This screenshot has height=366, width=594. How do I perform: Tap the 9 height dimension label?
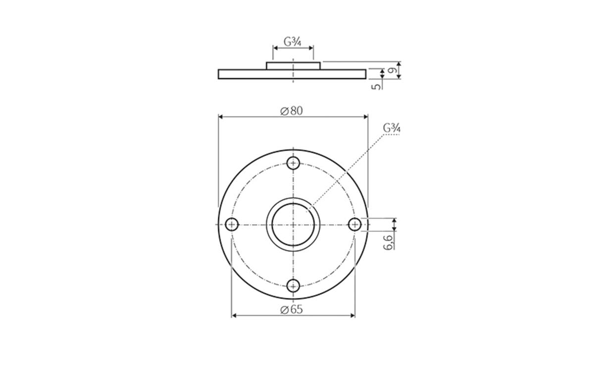click(391, 71)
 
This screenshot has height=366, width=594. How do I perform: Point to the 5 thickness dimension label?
click(376, 86)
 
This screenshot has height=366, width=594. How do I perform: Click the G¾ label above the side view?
click(293, 41)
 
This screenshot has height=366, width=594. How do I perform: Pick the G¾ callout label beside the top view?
click(392, 127)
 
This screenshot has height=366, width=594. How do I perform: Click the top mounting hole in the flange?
click(294, 163)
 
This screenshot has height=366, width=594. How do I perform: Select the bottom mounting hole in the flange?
click(294, 285)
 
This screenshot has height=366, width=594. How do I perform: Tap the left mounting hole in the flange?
click(232, 225)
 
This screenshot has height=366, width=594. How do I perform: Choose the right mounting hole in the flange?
click(354, 225)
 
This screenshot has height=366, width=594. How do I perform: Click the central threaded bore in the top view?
click(293, 225)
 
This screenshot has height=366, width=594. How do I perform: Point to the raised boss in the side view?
click(294, 65)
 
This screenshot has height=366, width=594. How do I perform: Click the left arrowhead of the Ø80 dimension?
click(221, 117)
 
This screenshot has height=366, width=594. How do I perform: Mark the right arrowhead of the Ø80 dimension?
click(365, 117)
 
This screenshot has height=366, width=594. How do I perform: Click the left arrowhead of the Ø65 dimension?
click(234, 315)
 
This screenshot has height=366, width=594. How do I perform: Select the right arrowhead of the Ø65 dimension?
click(352, 315)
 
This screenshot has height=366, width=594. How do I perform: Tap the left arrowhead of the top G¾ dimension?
click(275, 48)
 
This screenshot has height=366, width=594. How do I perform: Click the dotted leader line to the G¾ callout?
click(346, 168)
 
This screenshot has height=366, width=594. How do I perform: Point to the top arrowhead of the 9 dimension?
click(399, 64)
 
